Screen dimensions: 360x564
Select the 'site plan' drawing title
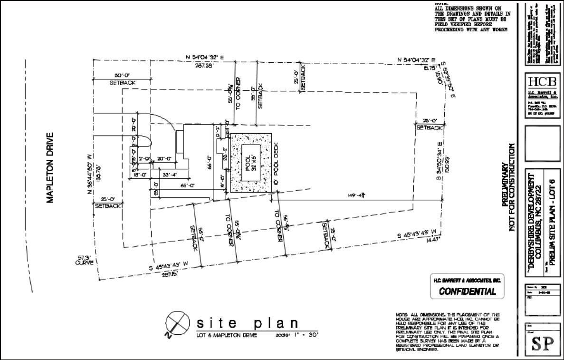(248, 323)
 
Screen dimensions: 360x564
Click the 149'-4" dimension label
(356, 195)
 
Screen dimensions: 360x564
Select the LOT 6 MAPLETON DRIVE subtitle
(227, 335)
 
